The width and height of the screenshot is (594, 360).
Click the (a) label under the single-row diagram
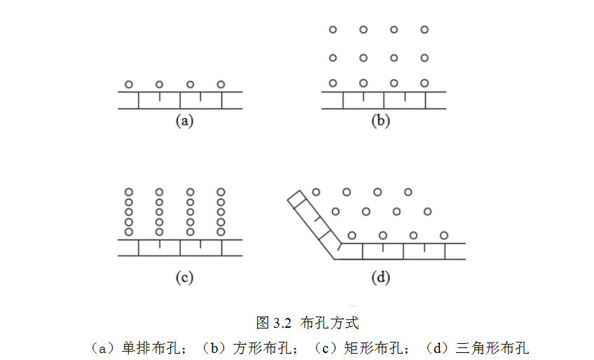[184, 120]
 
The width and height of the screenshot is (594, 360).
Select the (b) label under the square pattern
[380, 120]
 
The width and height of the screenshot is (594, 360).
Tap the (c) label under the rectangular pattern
[184, 278]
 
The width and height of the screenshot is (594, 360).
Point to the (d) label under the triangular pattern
[380, 278]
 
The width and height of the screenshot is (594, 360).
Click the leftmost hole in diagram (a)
[129, 85]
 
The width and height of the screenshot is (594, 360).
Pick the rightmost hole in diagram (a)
[221, 85]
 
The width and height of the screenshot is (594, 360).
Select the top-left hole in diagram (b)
[333, 29]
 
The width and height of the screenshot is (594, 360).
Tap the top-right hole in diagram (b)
[424, 29]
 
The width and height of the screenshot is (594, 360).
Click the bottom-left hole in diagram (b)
[333, 83]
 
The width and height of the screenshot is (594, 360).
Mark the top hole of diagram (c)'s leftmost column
[129, 192]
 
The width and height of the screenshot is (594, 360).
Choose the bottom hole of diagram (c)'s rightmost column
[221, 231]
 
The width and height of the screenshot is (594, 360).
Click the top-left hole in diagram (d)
[316, 192]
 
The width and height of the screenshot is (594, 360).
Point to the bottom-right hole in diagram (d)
[444, 235]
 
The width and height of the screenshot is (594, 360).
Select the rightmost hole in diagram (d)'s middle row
[427, 211]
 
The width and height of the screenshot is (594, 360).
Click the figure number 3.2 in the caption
[282, 323]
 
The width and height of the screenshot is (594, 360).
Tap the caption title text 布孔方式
[329, 323]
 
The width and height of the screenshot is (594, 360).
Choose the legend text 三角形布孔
[492, 347]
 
